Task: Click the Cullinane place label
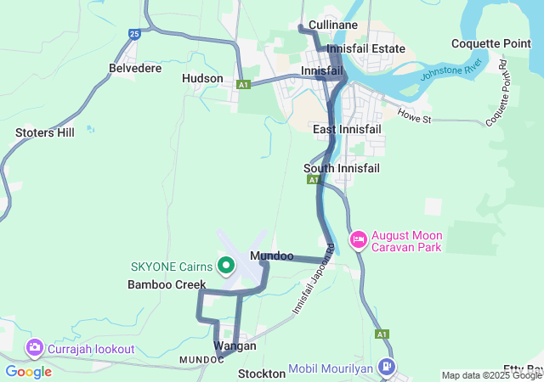click(333, 25)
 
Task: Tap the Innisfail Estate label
click(366, 49)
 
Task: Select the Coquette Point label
click(491, 44)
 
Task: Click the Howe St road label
click(415, 114)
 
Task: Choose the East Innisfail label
click(347, 129)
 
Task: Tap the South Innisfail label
click(342, 168)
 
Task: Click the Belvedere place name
click(135, 68)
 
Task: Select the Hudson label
click(202, 79)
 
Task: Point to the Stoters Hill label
click(45, 132)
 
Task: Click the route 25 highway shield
click(135, 34)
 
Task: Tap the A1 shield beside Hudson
click(244, 85)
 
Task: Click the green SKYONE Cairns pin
click(226, 266)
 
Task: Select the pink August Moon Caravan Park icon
click(359, 241)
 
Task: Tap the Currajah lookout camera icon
click(35, 347)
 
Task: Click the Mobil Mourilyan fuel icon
click(388, 368)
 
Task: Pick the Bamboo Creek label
click(167, 284)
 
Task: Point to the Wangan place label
click(235, 346)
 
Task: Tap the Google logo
click(28, 371)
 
